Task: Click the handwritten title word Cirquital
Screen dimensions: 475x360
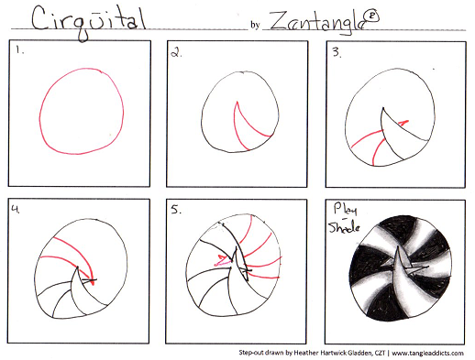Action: tap(89, 22)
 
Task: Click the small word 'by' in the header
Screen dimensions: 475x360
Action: tap(255, 25)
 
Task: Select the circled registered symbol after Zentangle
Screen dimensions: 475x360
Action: tap(372, 16)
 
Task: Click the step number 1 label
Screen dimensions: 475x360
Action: tap(20, 49)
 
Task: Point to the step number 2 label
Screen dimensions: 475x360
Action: tap(176, 53)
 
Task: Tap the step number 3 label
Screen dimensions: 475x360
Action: tap(337, 52)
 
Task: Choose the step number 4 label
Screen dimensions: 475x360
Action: tap(16, 209)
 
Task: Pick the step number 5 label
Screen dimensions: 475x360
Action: tap(176, 210)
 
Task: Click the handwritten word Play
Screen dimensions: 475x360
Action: tap(345, 210)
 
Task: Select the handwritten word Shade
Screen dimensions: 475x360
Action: tap(344, 226)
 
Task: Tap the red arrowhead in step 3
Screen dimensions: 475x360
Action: tap(403, 123)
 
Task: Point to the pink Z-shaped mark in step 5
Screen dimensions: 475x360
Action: tap(224, 259)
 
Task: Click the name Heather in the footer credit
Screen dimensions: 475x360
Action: tap(306, 353)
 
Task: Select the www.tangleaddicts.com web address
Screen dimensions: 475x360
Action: tap(427, 354)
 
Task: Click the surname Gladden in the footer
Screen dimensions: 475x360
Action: tap(359, 353)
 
